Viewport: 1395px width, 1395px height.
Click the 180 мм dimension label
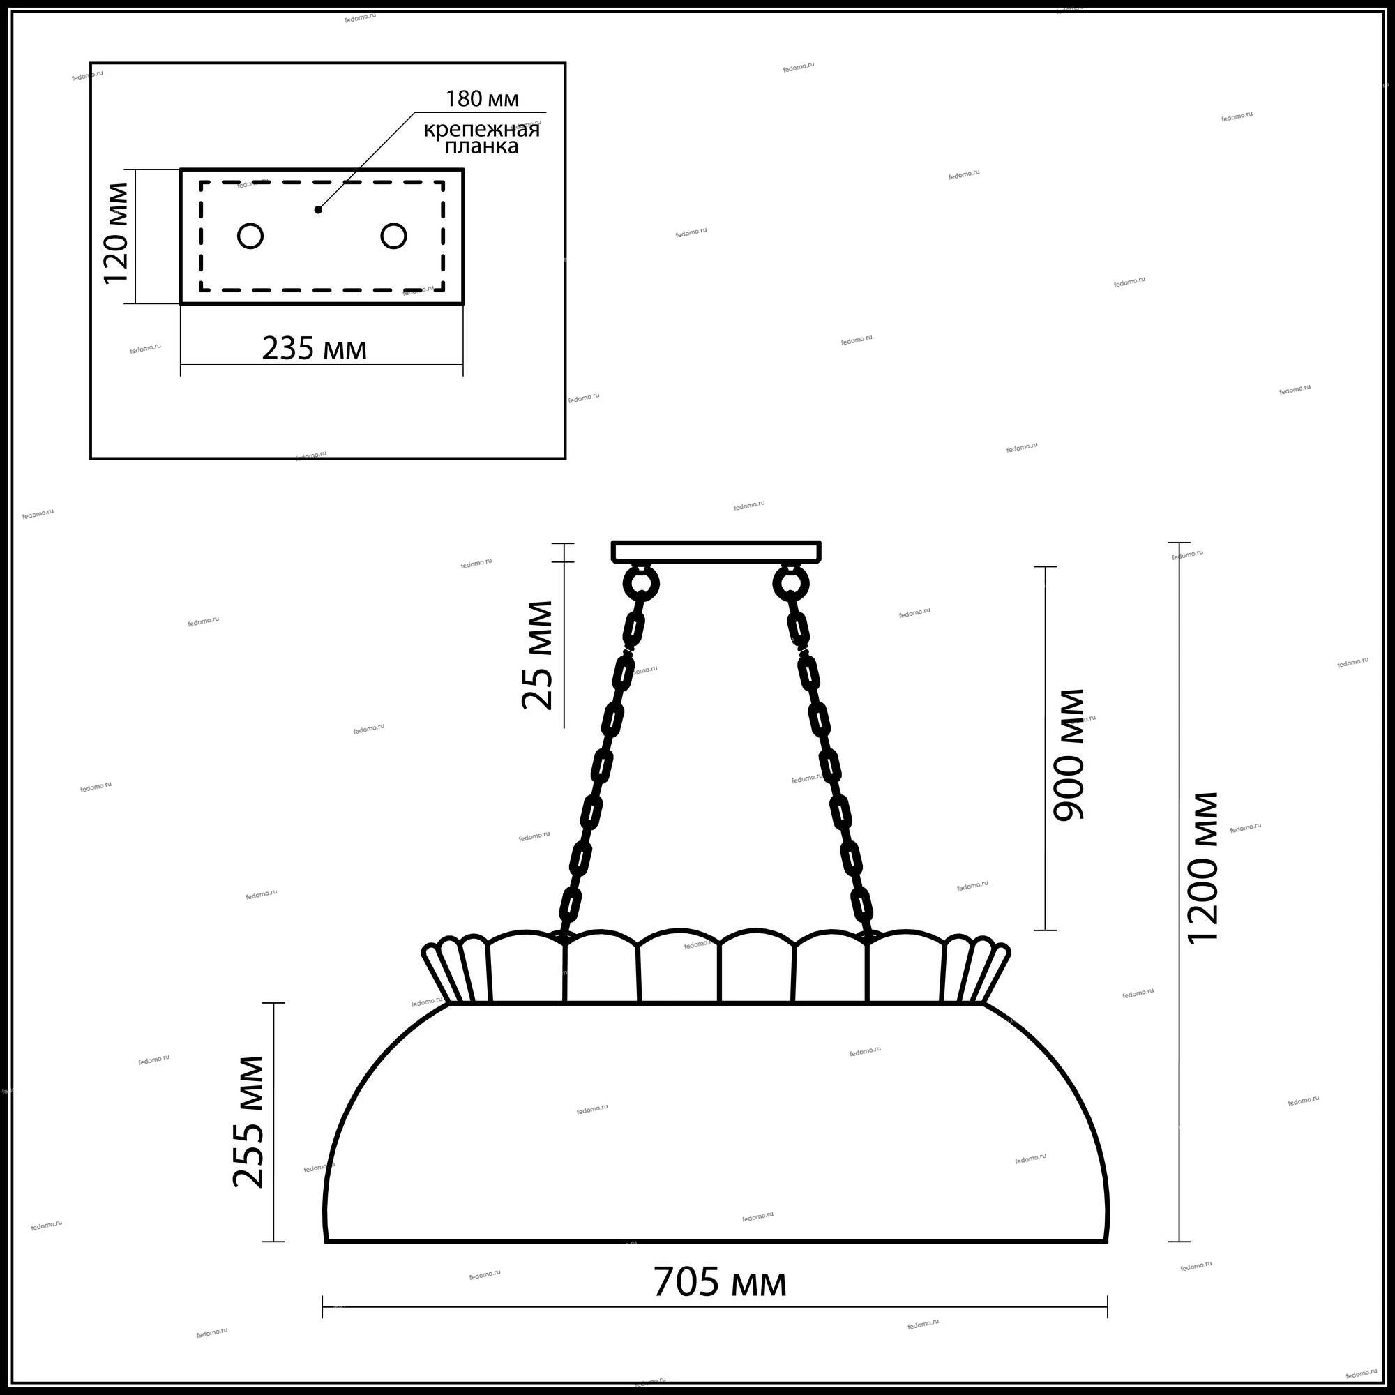coord(481,98)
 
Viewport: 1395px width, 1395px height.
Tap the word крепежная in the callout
coord(481,129)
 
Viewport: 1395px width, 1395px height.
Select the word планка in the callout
coord(481,146)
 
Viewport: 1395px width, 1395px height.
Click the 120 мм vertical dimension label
coord(116,234)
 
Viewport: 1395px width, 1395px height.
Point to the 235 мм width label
coord(314,349)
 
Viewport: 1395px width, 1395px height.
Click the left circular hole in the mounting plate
coord(250,236)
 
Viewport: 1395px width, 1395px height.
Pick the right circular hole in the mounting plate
coord(393,236)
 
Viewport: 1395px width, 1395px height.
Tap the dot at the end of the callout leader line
coord(317,210)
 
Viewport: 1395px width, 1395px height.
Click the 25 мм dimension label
coord(538,655)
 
